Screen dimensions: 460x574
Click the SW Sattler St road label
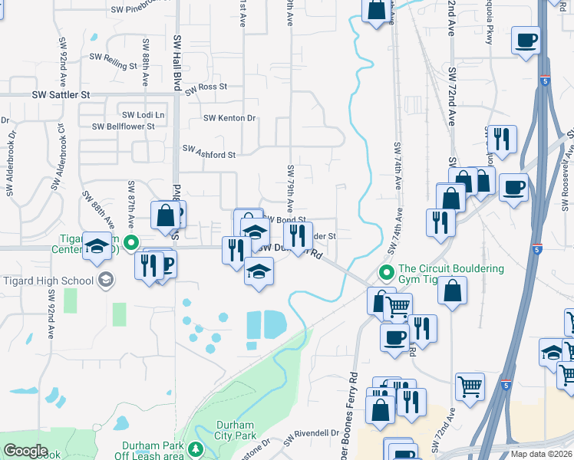tap(61, 95)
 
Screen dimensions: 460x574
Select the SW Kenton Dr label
tap(229, 118)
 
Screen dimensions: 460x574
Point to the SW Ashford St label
tap(208, 155)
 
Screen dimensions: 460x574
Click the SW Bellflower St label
tap(123, 127)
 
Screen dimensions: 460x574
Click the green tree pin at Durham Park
tap(197, 449)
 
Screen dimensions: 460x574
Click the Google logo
tap(25, 451)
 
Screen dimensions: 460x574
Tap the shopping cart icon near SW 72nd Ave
tap(470, 386)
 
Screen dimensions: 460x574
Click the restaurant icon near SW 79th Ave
tap(298, 235)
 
